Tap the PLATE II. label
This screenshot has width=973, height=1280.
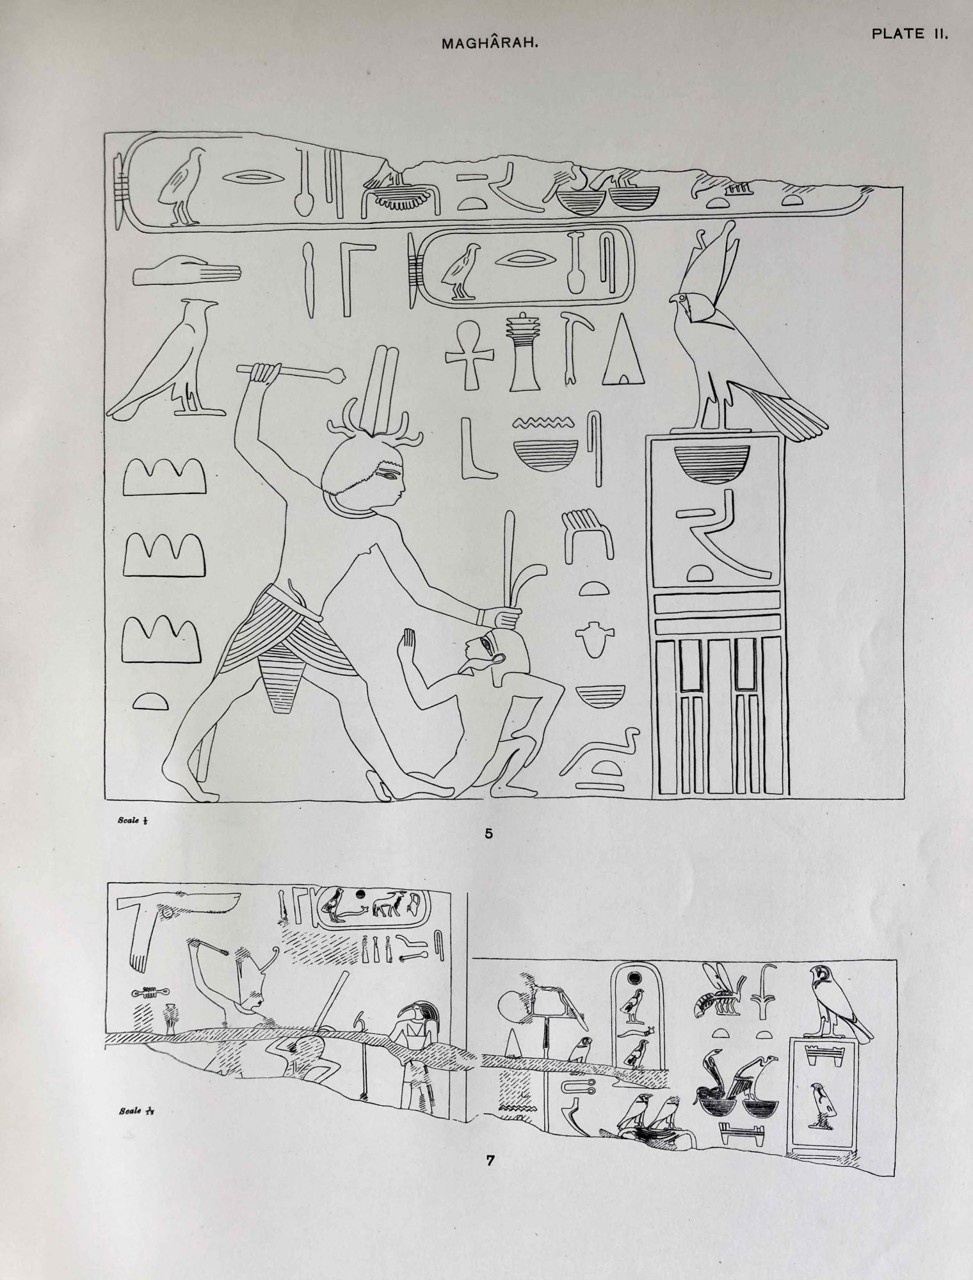(909, 35)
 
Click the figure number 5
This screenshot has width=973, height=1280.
(489, 833)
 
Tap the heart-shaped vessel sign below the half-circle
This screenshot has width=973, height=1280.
(592, 640)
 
